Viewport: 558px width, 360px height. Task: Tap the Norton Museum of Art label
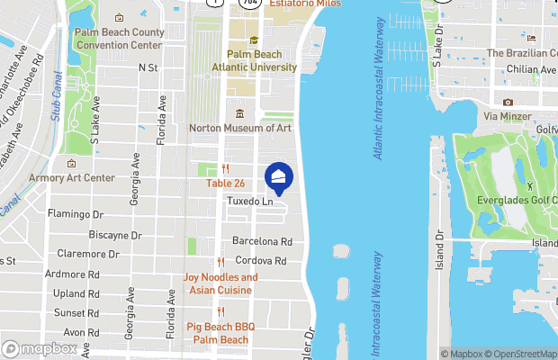click(x=240, y=128)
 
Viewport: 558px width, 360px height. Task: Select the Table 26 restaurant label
click(x=225, y=184)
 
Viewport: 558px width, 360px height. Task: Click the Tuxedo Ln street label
click(x=249, y=202)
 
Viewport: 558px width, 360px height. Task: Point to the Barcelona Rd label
click(x=263, y=241)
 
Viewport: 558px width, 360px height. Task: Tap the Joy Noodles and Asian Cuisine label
click(x=220, y=283)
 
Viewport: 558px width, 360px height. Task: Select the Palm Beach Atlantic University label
click(x=254, y=60)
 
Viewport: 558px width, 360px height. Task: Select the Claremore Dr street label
click(x=88, y=254)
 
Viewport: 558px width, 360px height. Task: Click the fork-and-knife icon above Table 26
click(x=225, y=168)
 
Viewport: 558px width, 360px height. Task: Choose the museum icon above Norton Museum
click(x=240, y=113)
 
